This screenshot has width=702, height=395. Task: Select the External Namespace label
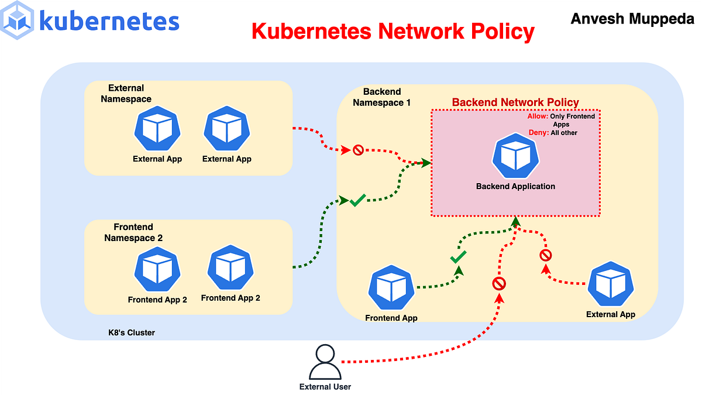click(126, 94)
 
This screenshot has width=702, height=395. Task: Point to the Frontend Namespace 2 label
click(133, 232)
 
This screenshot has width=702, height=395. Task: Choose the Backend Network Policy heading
click(515, 102)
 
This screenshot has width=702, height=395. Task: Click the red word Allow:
click(538, 116)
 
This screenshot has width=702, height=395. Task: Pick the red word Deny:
click(539, 133)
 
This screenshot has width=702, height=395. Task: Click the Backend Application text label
click(515, 187)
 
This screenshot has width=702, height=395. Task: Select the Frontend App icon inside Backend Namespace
click(391, 289)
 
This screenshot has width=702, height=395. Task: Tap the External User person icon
click(325, 363)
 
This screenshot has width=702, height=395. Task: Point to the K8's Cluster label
click(128, 332)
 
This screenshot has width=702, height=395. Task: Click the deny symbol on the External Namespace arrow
click(358, 150)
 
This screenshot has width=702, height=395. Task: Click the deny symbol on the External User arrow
click(499, 284)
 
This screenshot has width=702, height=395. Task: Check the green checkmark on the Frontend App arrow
click(458, 257)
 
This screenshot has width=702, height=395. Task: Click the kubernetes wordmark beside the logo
click(109, 21)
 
